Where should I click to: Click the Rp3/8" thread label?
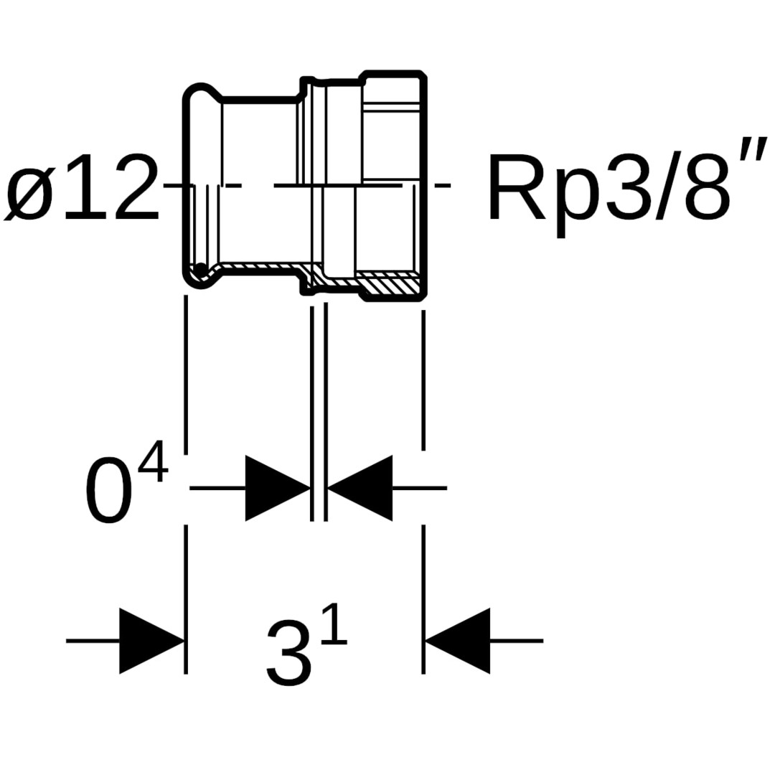pyautogui.click(x=617, y=188)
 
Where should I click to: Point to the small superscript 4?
pyautogui.click(x=153, y=462)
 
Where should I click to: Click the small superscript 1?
pyautogui.click(x=334, y=625)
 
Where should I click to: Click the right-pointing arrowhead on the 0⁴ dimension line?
pyautogui.click(x=277, y=488)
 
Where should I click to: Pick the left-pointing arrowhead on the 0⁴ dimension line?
pyautogui.click(x=360, y=488)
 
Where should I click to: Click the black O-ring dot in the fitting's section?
pyautogui.click(x=202, y=270)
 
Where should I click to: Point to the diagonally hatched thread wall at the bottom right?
pyautogui.click(x=387, y=284)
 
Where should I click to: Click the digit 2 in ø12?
pyautogui.click(x=135, y=188)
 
